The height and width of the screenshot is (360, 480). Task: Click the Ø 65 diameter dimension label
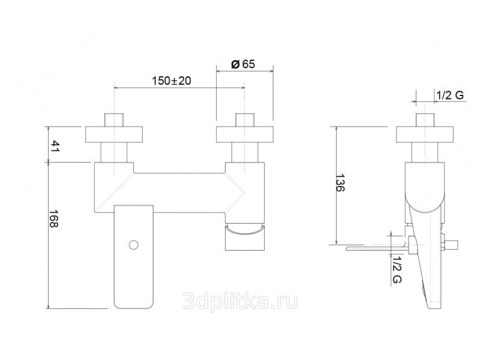(x=243, y=64)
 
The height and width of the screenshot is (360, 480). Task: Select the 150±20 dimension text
(x=172, y=81)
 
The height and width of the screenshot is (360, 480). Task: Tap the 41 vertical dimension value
(x=55, y=146)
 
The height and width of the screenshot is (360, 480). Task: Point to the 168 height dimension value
(x=54, y=218)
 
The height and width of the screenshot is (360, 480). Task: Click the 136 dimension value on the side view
(x=340, y=183)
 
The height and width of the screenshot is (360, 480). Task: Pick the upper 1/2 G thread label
(x=450, y=95)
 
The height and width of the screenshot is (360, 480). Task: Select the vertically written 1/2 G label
(x=397, y=269)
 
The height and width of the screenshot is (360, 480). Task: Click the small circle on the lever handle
(x=133, y=245)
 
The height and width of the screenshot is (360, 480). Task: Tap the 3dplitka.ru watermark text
(x=240, y=302)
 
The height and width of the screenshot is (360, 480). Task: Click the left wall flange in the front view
(x=114, y=134)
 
